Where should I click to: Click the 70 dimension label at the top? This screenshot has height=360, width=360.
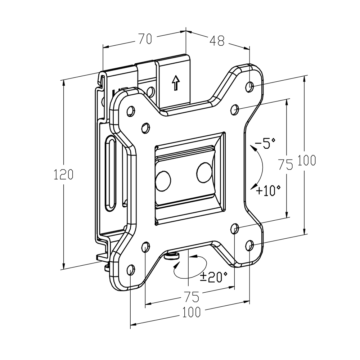coord(145,39)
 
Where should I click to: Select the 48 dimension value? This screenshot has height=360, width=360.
coord(217,41)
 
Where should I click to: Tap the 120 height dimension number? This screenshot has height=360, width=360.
coord(63,174)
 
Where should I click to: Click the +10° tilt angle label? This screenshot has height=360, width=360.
coord(268,190)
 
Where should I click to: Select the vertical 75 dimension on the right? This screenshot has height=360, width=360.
coord(285,165)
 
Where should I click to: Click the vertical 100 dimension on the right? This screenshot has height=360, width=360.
coord(307,160)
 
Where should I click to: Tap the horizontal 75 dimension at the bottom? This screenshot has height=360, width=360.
coord(192,297)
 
